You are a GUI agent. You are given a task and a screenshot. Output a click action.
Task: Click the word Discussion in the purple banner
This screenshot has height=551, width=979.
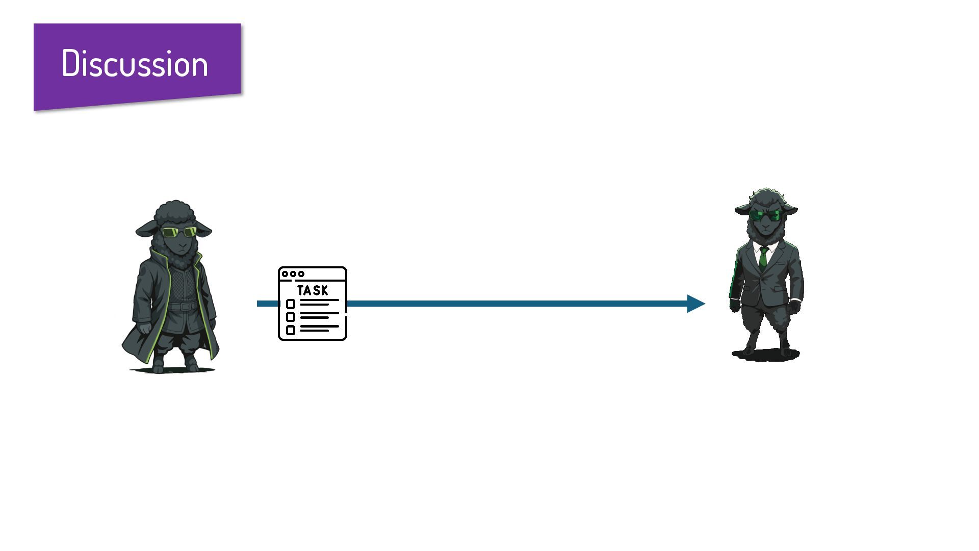tap(135, 64)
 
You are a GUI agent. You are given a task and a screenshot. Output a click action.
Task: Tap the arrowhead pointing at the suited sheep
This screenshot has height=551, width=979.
tap(695, 304)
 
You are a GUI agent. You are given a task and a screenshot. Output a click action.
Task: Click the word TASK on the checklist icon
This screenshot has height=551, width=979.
tap(313, 290)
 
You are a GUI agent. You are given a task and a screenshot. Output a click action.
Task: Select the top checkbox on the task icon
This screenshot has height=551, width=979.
tap(291, 304)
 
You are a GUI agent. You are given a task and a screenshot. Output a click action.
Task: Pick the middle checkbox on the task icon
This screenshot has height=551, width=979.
tap(291, 317)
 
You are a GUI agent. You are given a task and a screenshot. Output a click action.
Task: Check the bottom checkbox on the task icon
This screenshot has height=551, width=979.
tap(291, 330)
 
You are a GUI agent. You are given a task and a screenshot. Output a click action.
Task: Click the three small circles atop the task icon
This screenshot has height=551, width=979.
tap(293, 274)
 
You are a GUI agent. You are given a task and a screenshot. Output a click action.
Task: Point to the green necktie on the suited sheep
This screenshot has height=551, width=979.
tap(763, 258)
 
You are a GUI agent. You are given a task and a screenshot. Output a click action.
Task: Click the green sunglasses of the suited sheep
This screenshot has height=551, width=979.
tap(765, 215)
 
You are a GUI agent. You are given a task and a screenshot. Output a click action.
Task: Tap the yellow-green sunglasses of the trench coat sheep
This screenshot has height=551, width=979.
tap(179, 232)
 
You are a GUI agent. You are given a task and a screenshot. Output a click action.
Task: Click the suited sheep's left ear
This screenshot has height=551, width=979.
tap(789, 209)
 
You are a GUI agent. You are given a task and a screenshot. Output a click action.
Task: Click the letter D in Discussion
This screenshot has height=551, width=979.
tap(71, 64)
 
